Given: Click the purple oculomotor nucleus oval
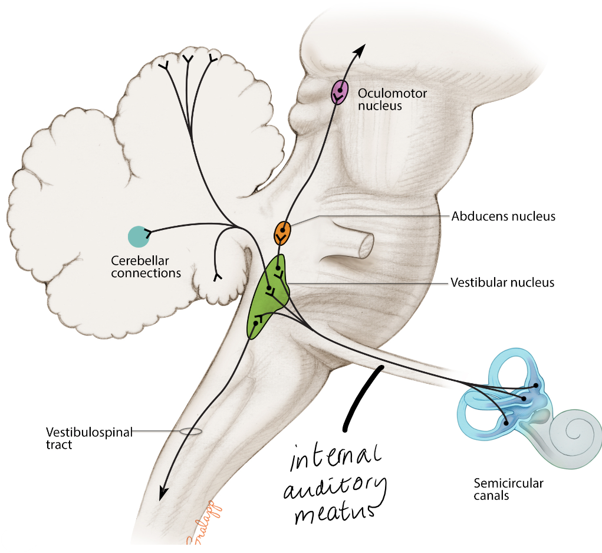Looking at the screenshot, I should [x=339, y=91].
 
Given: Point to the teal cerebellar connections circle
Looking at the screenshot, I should [x=139, y=236].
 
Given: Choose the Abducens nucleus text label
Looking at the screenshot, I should [x=504, y=216].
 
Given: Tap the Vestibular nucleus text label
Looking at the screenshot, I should [x=502, y=282].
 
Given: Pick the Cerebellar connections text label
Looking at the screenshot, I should [x=146, y=266].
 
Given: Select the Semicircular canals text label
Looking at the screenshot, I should [x=508, y=489].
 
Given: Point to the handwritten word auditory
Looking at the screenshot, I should [x=334, y=486].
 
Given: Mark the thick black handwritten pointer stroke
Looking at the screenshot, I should [x=361, y=396].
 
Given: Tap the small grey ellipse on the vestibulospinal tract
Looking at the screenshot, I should [x=190, y=432].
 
